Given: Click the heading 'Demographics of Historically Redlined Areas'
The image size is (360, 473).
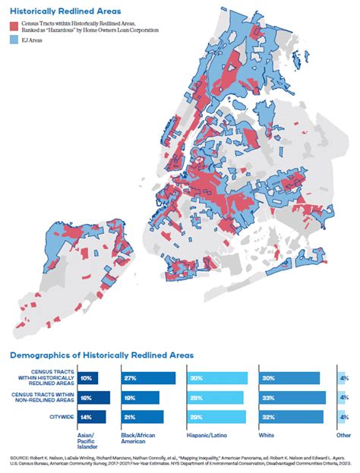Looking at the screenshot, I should coord(102,355).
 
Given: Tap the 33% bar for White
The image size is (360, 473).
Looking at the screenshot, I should coord(289,397).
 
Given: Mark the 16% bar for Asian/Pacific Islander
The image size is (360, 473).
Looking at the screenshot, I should coord(93,397).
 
